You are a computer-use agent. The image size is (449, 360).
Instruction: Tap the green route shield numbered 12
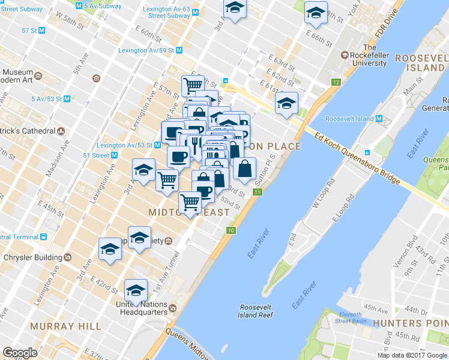tap(334, 82)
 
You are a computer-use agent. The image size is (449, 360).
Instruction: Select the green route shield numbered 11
tap(258, 192)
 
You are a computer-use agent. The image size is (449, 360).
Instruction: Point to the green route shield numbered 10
tap(231, 230)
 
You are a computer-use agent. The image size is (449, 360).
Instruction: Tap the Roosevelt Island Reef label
tap(255, 310)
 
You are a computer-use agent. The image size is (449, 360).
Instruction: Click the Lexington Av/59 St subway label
tap(146, 50)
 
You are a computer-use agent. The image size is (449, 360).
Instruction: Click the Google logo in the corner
tap(20, 352)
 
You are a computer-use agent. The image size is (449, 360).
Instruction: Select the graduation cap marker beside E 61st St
tap(286, 103)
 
